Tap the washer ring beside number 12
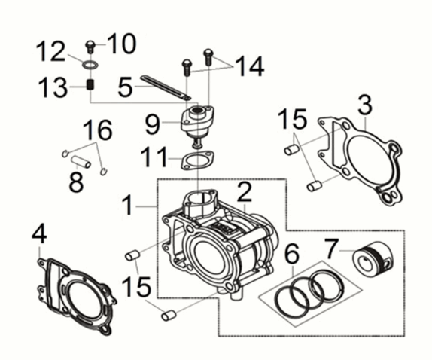tap(90, 65)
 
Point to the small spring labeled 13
tap(90, 89)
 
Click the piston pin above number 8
tap(82, 162)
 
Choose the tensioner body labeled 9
tap(198, 121)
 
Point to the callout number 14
tap(248, 67)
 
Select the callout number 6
tap(291, 255)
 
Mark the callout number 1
tap(129, 204)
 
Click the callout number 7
tap(332, 246)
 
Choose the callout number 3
tap(364, 104)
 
